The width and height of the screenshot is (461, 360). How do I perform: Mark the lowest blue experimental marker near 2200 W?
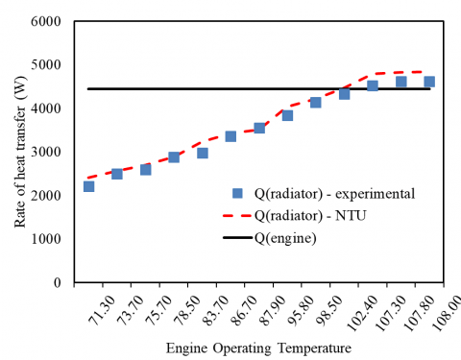point(88,186)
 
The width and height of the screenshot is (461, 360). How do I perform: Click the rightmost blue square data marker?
point(429,82)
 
